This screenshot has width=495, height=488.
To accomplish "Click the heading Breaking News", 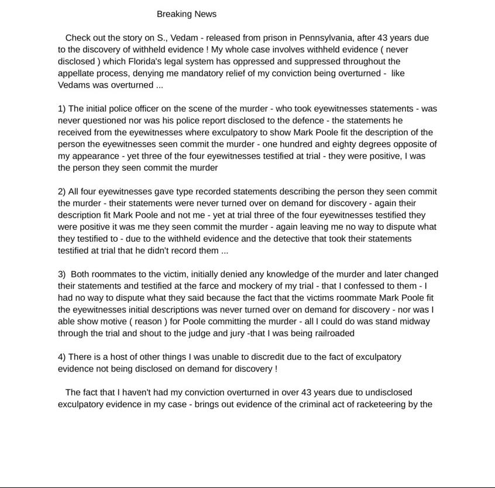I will pos(186,14).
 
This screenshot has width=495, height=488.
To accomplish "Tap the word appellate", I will pos(77,74).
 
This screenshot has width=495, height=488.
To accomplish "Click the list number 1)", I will pos(62,109).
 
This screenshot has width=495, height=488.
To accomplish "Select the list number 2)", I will pos(62,192).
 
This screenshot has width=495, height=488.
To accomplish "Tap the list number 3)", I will pos(62,274).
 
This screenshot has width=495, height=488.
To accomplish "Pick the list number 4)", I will pos(62,357).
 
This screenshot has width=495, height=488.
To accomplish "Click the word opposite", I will pos(415,144).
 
